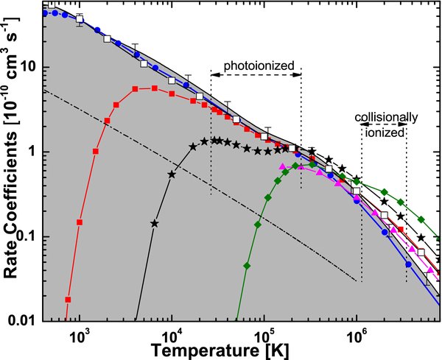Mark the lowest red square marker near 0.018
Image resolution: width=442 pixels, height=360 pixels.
click(68, 300)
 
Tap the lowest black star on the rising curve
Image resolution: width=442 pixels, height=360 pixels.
click(155, 223)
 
